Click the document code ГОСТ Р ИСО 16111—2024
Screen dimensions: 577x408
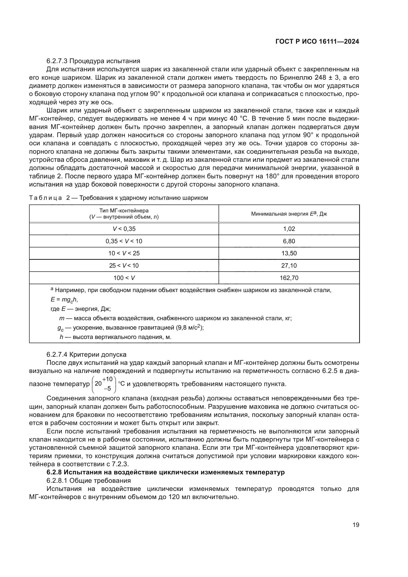tap(317, 42)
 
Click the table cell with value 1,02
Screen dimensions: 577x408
tap(289, 229)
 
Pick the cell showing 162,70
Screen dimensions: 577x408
tap(289, 278)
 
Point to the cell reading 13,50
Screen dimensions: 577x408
tap(289, 253)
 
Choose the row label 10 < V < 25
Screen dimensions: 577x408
tap(124, 253)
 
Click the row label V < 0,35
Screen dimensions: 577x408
tap(124, 229)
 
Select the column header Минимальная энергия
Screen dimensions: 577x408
tap(289, 214)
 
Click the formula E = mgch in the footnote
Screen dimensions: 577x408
tap(64, 299)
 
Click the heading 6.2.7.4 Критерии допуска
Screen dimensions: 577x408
tap(86, 354)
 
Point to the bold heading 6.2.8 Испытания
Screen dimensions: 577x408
tap(166, 472)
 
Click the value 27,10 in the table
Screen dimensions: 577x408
tap(289, 265)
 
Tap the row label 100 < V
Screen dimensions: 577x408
tap(124, 278)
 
